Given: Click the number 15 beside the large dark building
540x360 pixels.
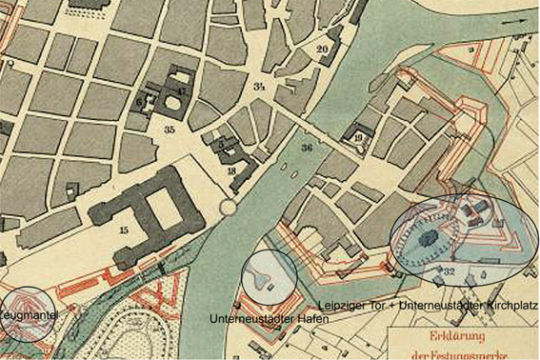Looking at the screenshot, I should (123, 230).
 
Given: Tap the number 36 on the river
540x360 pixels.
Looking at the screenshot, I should (306, 148).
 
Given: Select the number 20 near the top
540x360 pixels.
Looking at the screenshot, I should (322, 49).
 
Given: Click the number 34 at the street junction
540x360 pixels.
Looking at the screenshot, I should (258, 87).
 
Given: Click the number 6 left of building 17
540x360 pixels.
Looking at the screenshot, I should (139, 99).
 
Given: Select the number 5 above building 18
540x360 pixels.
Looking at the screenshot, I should (221, 145).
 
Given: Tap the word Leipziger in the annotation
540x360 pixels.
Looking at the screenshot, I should (347, 306).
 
